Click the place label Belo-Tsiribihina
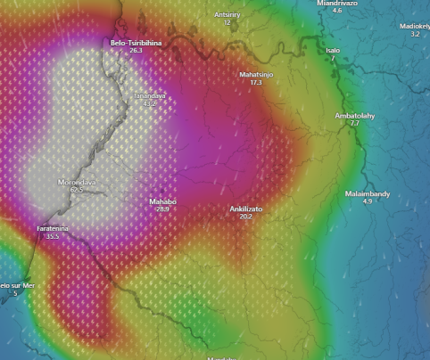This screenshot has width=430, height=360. click(x=136, y=42)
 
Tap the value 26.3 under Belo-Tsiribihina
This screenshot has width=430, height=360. click(x=136, y=51)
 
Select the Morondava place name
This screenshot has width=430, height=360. click(x=77, y=182)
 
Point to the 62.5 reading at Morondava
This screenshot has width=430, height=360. click(x=77, y=190)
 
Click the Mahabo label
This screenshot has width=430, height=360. click(x=162, y=201)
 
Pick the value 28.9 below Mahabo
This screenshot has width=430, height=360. click(x=162, y=209)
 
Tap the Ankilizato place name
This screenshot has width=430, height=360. click(x=246, y=209)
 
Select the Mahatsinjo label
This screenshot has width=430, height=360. click(x=257, y=74)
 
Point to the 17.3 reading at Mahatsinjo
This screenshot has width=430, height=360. click(x=257, y=82)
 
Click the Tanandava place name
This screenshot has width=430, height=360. click(x=150, y=94)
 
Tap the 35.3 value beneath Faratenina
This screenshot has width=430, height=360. click(x=53, y=236)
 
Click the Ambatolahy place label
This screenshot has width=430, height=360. click(x=354, y=116)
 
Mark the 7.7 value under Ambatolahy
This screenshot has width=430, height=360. click(x=354, y=124)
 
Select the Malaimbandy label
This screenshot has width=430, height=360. click(x=368, y=193)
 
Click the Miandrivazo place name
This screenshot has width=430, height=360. click(x=337, y=4)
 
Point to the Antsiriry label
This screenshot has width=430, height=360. click(x=227, y=15)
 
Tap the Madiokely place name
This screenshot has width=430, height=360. click(x=414, y=26)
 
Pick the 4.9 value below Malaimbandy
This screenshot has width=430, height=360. click(x=367, y=202)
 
